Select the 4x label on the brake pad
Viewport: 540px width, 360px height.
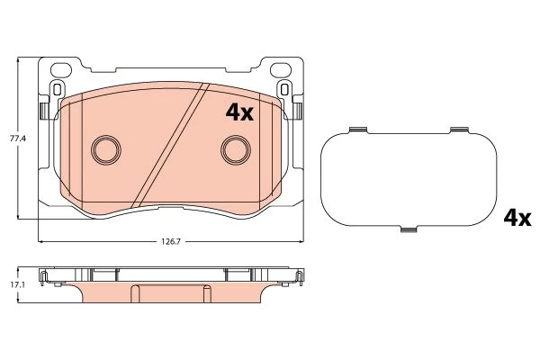tap(239, 112)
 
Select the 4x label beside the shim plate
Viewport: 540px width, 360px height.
tap(517, 218)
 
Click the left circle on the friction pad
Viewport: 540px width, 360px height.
tap(106, 149)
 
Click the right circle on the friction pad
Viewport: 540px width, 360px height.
tap(236, 149)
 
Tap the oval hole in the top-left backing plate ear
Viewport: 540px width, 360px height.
tap(61, 70)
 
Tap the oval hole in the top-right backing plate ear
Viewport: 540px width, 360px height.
tap(281, 70)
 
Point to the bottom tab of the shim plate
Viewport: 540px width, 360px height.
tap(409, 229)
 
